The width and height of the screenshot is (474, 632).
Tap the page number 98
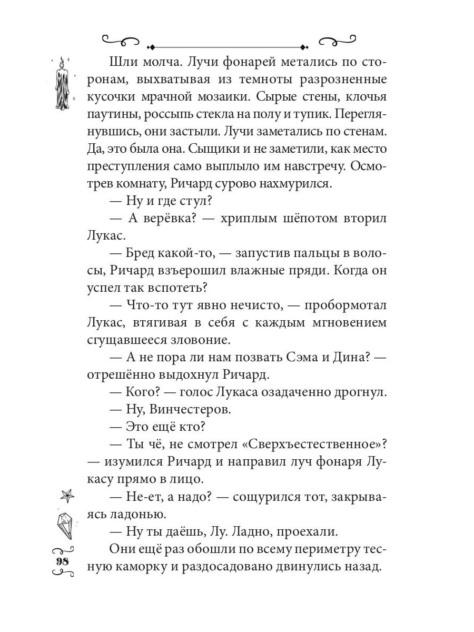point(63,560)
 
